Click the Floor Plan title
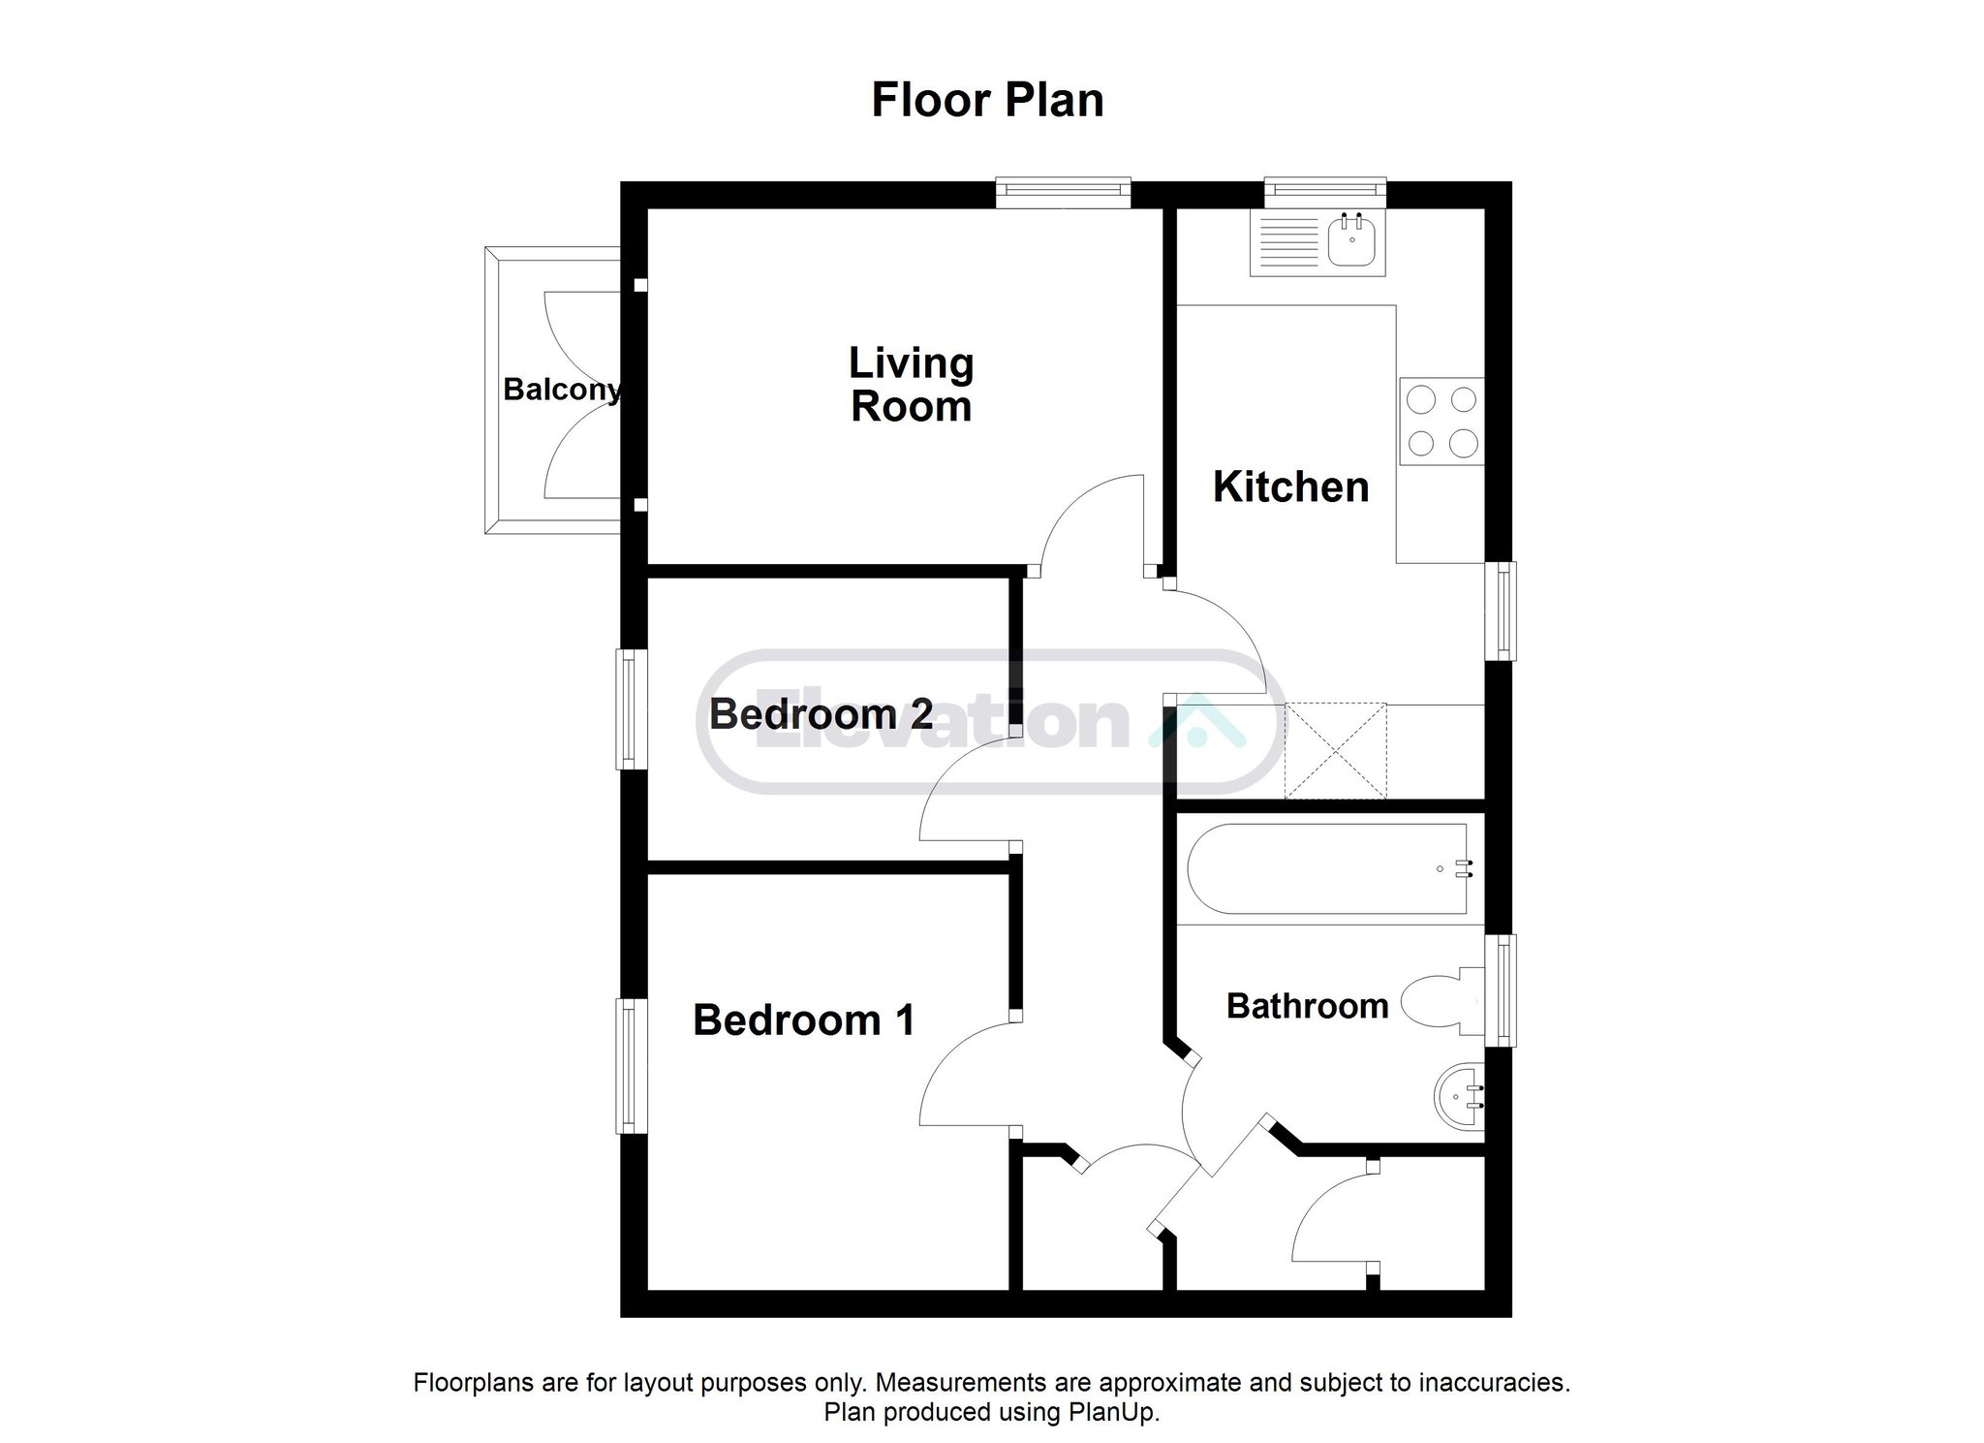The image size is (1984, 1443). pyautogui.click(x=987, y=101)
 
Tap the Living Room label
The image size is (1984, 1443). pyautogui.click(x=912, y=385)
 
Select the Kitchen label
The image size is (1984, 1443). pyautogui.click(x=1290, y=486)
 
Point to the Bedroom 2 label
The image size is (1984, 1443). pyautogui.click(x=821, y=714)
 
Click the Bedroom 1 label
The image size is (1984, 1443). pyautogui.click(x=803, y=1020)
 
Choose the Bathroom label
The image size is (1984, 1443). pyautogui.click(x=1307, y=1006)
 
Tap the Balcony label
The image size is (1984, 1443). pyautogui.click(x=562, y=390)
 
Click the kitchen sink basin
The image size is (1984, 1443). pyautogui.click(x=1352, y=239)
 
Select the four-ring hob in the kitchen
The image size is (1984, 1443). pyautogui.click(x=1441, y=421)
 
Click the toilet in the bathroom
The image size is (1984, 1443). pyautogui.click(x=1442, y=1003)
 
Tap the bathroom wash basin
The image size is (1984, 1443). pyautogui.click(x=1459, y=1098)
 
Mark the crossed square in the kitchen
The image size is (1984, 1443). pyautogui.click(x=1335, y=751)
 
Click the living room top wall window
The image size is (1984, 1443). pyautogui.click(x=1064, y=192)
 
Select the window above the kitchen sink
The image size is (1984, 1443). pyautogui.click(x=1325, y=192)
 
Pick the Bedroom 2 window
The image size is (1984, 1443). pyautogui.click(x=632, y=708)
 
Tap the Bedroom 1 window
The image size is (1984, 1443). pyautogui.click(x=632, y=1066)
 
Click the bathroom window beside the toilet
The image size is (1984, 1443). pyautogui.click(x=1500, y=990)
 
